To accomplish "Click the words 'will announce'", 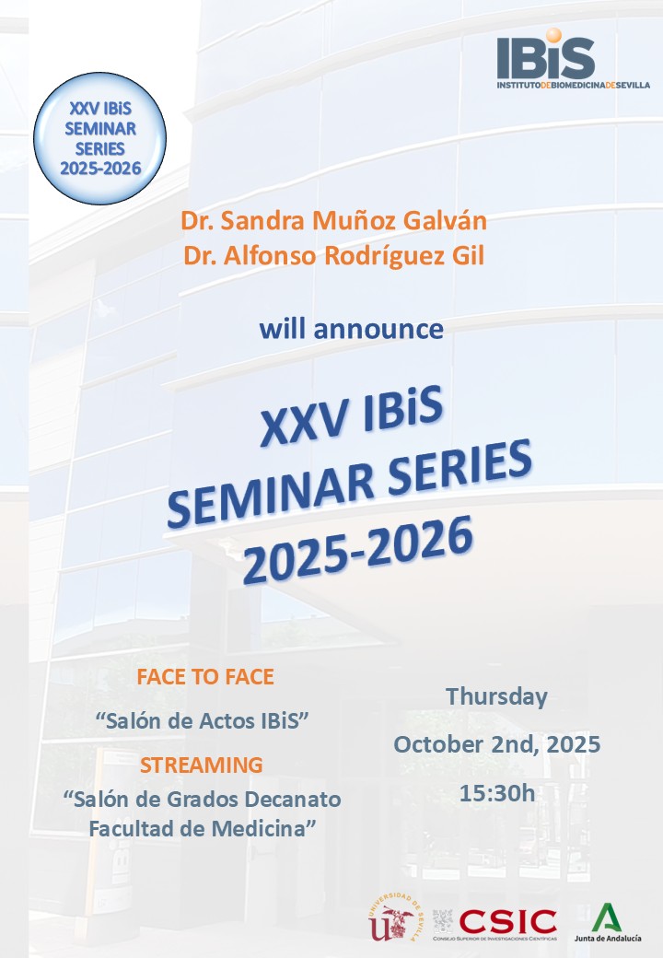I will click(350, 328).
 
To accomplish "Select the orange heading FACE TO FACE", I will click(205, 677).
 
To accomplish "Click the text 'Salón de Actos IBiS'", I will click(200, 721).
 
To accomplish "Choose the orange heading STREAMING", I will click(201, 765).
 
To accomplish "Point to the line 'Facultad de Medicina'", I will click(203, 828).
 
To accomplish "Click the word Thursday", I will click(496, 696).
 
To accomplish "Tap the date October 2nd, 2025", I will click(496, 744).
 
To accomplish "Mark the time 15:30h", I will click(496, 792).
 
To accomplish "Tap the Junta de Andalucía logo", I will click(606, 922).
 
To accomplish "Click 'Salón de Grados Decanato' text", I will click(203, 798).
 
